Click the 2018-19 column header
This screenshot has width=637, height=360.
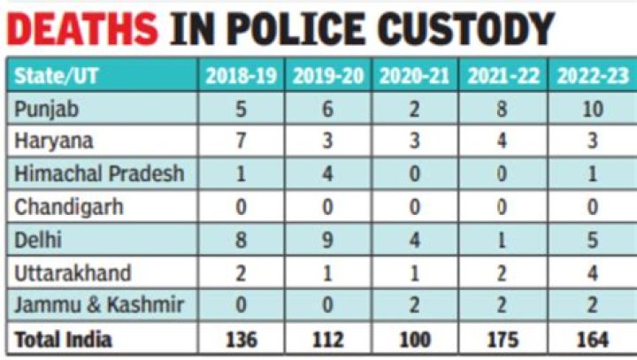coord(241,76)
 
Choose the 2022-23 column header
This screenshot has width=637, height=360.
coord(593,76)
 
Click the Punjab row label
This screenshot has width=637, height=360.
coord(42,109)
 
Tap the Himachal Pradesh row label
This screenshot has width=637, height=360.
coord(99,173)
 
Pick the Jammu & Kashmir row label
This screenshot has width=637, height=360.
coord(99,305)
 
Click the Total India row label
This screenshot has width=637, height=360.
coord(64,338)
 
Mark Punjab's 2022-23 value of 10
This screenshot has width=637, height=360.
coord(593,109)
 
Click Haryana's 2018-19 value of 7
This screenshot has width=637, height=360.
coord(241,142)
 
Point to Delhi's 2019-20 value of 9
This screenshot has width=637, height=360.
coord(328,240)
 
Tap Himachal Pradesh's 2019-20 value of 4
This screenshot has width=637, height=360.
coord(328,173)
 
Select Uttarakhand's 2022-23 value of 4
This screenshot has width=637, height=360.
coord(593,272)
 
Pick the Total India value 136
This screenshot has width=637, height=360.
coord(241,338)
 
